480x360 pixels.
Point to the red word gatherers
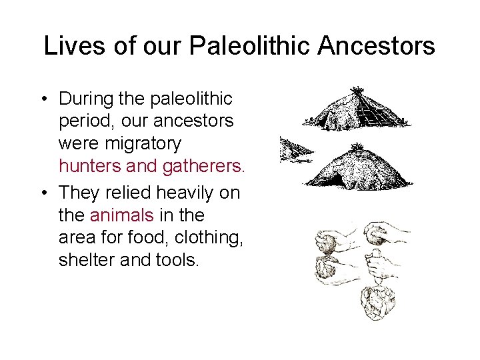201,166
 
